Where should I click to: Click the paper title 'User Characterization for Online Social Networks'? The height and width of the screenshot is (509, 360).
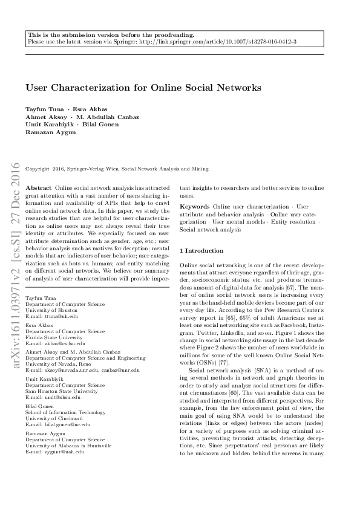click(x=143, y=88)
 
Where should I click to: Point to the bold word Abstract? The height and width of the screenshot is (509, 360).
click(x=39, y=189)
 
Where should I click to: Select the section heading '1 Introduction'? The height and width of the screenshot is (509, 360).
click(x=202, y=250)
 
